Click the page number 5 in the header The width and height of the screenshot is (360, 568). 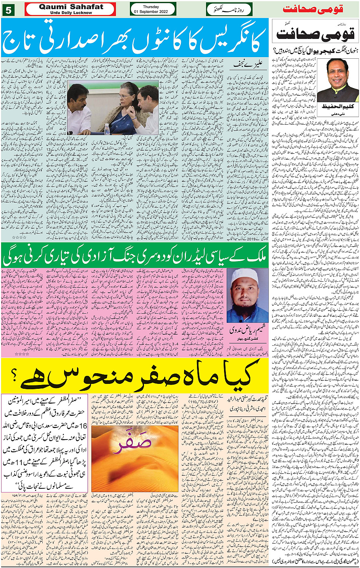[x=8, y=10]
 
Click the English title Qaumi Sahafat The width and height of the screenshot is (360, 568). [x=71, y=6]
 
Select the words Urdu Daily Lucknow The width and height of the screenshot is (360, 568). [x=71, y=13]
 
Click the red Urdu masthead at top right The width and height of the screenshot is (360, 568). [x=318, y=9]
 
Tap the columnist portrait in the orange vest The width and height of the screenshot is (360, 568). [x=338, y=80]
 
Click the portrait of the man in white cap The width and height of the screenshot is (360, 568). [x=248, y=296]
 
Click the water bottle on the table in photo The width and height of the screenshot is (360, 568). [x=107, y=129]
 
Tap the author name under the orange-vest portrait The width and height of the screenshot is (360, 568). [x=337, y=106]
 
